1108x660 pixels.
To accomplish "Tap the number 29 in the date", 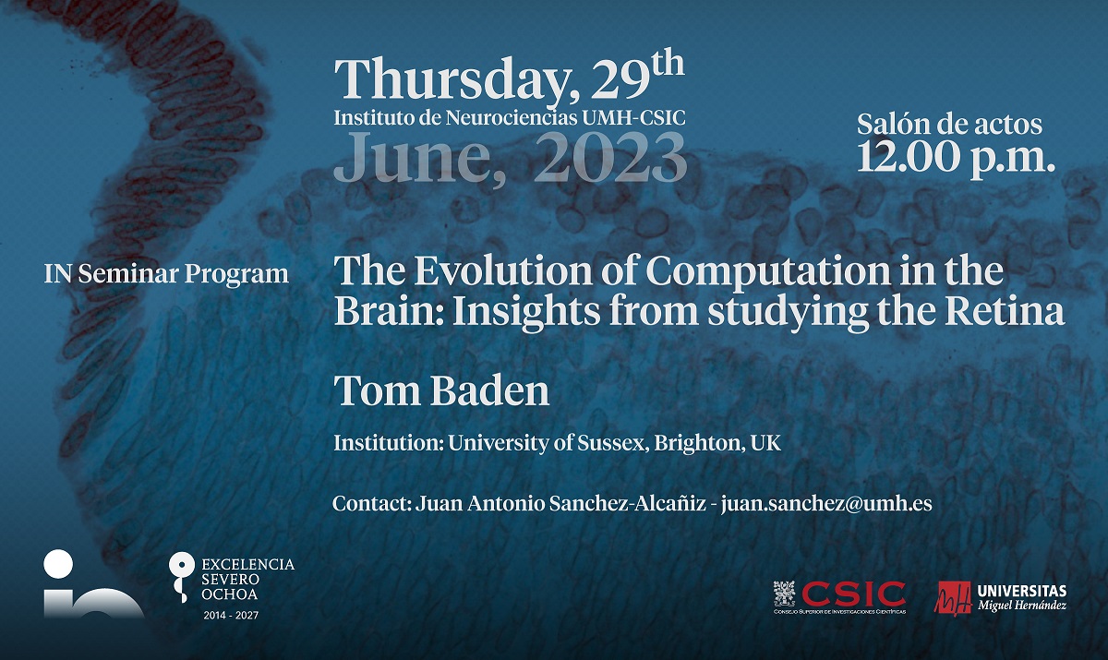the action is click(x=620, y=79).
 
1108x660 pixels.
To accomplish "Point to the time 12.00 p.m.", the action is click(x=956, y=157).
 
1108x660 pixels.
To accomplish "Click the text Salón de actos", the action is click(x=950, y=124).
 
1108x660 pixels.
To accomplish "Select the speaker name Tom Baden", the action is click(x=441, y=390).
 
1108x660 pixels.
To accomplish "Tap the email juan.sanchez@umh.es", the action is click(x=826, y=503).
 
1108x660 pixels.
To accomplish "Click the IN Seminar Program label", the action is click(x=166, y=274).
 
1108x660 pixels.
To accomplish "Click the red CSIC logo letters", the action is click(x=854, y=594).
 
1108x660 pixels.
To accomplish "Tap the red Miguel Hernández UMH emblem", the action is click(x=953, y=597).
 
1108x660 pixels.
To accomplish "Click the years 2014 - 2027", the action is click(x=231, y=616).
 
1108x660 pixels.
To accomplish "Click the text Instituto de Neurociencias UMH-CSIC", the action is click(x=510, y=118).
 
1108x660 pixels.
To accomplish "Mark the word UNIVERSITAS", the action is click(x=1022, y=591).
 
